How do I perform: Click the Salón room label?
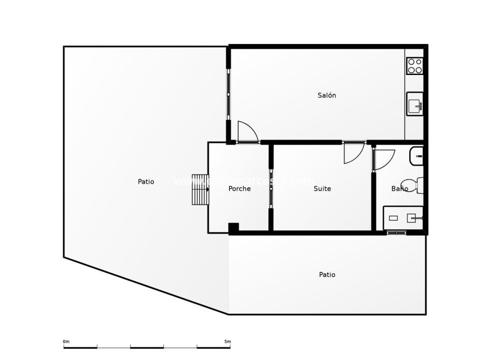point(327,95)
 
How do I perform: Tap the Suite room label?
point(322,189)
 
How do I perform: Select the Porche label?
point(239,189)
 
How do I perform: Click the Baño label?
point(399,189)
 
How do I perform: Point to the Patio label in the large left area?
point(146,182)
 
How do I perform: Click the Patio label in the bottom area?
point(327,274)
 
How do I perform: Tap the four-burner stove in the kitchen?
point(415,66)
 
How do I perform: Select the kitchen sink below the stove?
point(415,104)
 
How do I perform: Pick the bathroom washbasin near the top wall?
point(417,156)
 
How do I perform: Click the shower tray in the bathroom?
point(403,218)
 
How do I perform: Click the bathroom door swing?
point(383,160)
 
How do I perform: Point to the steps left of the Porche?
point(200,190)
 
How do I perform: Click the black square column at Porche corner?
point(234,228)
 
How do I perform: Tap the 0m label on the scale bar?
point(66,341)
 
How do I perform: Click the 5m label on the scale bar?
point(228,341)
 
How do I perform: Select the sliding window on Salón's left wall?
point(229,94)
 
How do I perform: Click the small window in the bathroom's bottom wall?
point(396,232)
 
